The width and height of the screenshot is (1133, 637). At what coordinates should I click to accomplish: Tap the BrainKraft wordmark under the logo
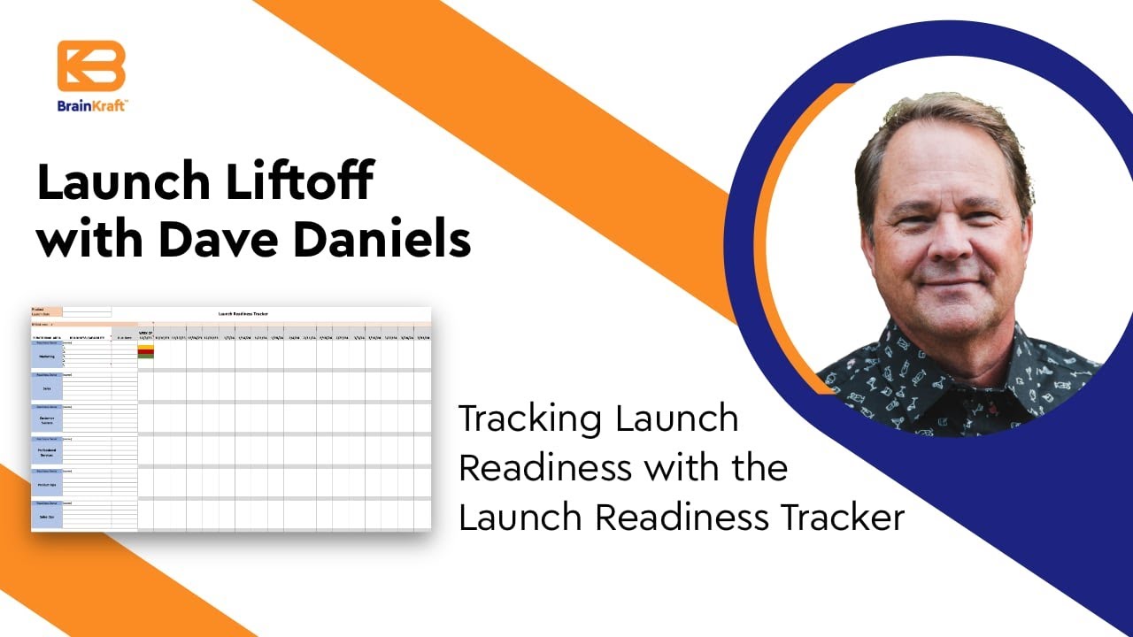[92, 105]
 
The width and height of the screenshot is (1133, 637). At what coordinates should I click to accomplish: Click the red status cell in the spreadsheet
[145, 352]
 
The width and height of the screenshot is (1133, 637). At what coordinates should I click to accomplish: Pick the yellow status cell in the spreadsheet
[145, 349]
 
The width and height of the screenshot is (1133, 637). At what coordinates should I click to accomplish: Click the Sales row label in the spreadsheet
[46, 387]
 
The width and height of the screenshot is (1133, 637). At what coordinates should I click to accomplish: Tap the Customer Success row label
[46, 420]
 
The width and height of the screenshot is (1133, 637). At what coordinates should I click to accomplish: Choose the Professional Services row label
[46, 452]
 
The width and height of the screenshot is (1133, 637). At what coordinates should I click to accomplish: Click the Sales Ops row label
[46, 517]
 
